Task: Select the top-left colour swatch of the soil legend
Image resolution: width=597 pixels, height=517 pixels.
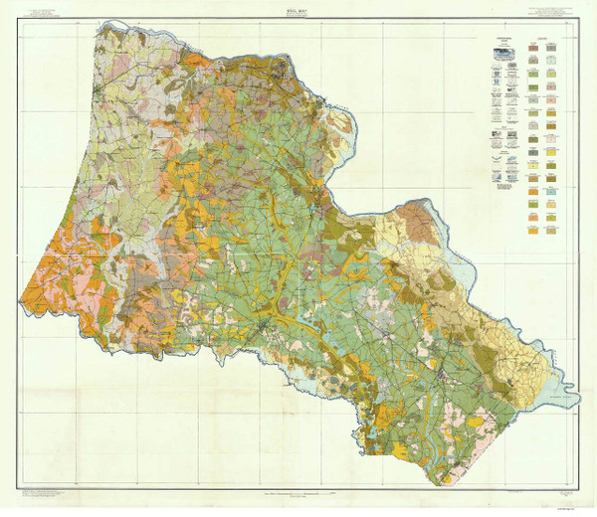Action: click(534, 46)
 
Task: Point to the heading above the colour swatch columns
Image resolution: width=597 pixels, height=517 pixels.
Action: click(543, 37)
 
